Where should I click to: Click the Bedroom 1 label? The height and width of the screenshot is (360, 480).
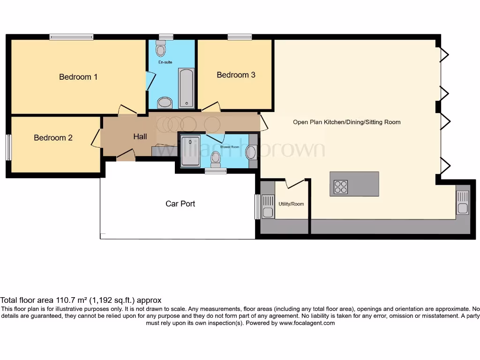pos(78,77)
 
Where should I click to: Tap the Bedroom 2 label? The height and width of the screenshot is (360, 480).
pos(53,138)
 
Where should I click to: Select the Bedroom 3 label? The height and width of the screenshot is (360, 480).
pos(236,75)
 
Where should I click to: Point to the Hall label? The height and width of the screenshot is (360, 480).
pos(140,137)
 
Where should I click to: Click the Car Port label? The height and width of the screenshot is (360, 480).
pos(180,204)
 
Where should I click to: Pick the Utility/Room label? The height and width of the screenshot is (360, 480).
pos(291,204)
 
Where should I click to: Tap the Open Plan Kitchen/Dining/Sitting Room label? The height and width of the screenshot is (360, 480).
pos(346,122)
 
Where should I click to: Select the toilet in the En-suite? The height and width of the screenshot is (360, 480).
pos(161,49)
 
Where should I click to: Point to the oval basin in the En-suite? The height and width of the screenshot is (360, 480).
pos(165,102)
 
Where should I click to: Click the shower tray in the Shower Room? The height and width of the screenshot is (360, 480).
pos(190,151)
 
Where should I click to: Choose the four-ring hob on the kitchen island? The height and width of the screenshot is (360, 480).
pos(341,187)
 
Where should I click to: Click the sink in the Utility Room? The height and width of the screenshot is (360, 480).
pos(268,207)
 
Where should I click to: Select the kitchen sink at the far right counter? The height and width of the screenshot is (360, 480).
pos(462,202)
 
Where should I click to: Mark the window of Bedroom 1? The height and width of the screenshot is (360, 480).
pos(71,37)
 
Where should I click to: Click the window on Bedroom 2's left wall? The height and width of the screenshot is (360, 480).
pos(8,147)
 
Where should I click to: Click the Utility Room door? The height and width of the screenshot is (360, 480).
pos(295,183)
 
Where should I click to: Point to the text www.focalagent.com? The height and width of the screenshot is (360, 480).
pos(307,323)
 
